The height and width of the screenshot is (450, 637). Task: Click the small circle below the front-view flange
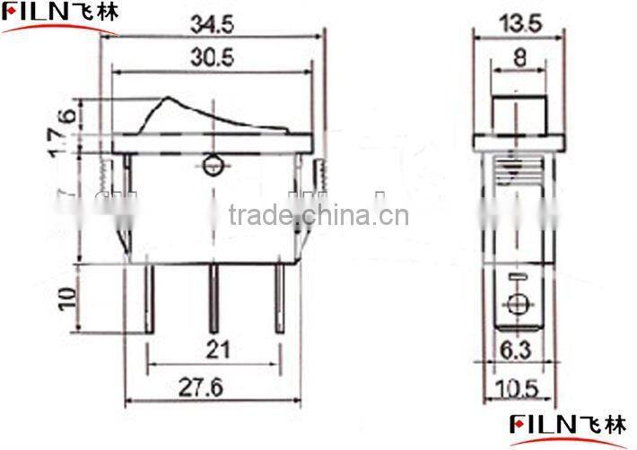(x=213, y=165)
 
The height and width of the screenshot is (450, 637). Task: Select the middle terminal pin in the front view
(x=214, y=296)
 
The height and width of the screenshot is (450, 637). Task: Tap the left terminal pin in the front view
(x=150, y=296)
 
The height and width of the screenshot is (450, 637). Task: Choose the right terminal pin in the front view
(x=280, y=296)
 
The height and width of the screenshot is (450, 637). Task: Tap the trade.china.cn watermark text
(x=318, y=215)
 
